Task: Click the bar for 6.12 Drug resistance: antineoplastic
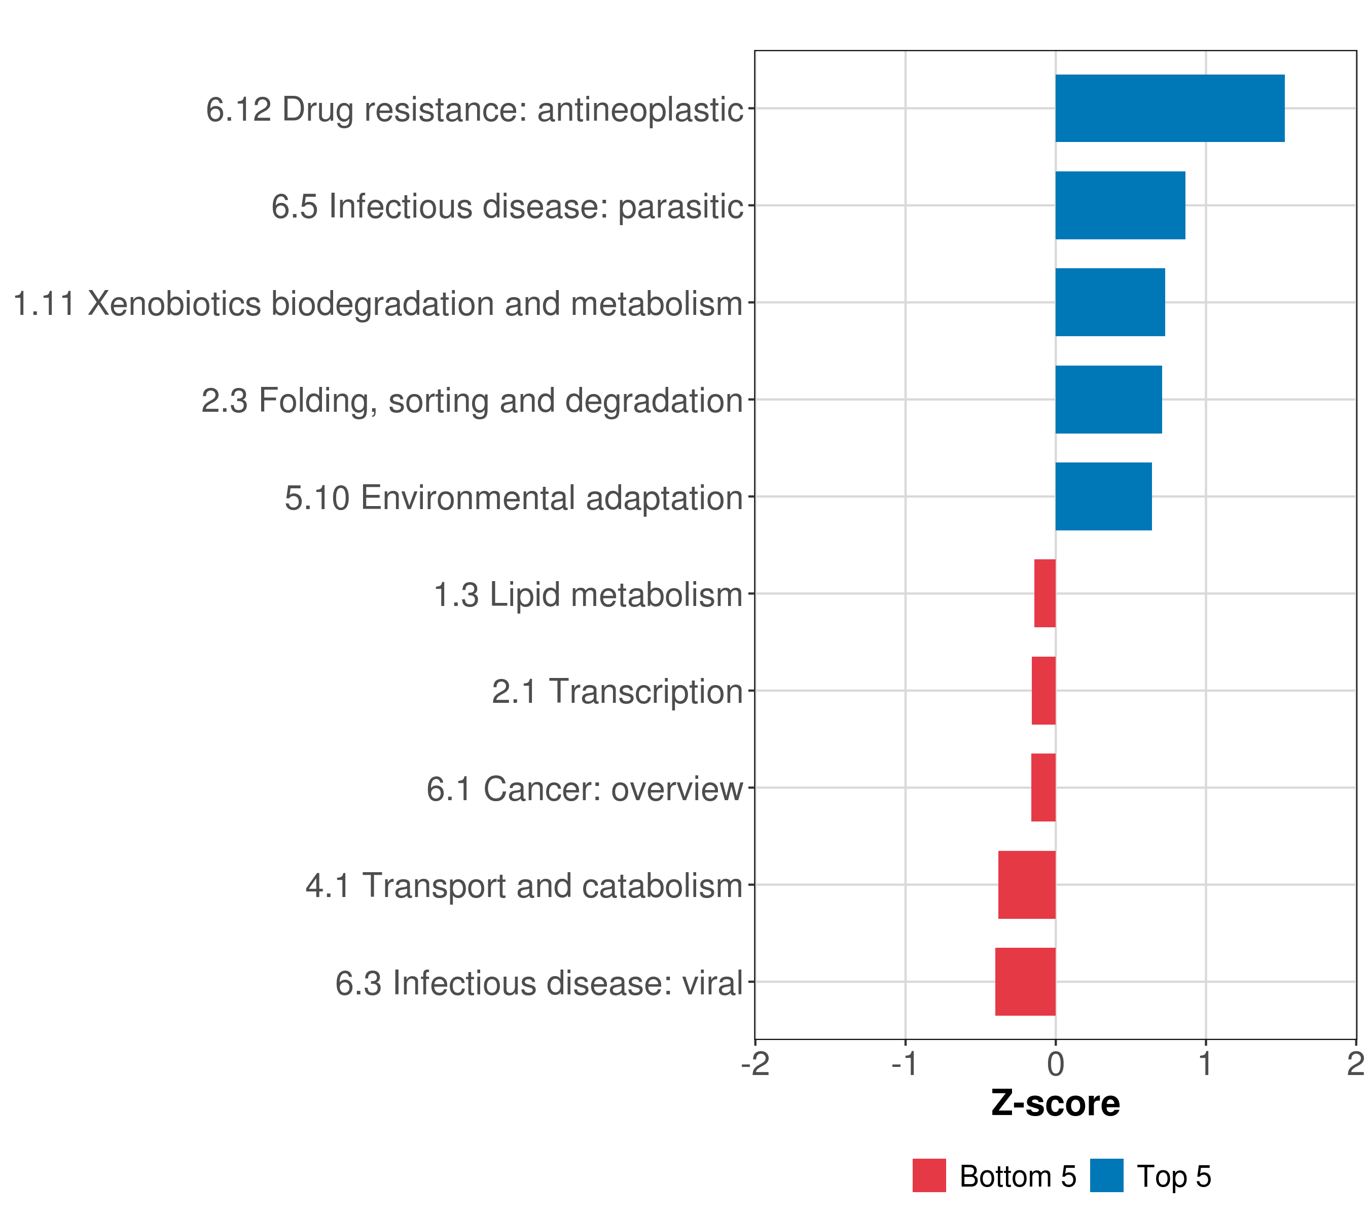tap(1169, 109)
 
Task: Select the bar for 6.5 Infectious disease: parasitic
tap(1120, 206)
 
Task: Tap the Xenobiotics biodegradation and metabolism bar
tap(1110, 302)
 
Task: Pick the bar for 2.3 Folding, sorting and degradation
tap(1108, 400)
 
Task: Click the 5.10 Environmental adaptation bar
tap(1103, 496)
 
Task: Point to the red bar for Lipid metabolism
tap(1045, 593)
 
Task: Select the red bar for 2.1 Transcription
tap(1043, 691)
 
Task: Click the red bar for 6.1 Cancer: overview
tap(1043, 788)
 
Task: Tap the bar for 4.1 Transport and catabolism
tap(1027, 885)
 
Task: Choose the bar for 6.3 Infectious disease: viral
tap(1025, 982)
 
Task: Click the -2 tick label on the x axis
tap(755, 1064)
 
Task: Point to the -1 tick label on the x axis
tap(905, 1064)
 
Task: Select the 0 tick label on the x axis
tap(1056, 1064)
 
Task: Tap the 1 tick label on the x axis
tap(1206, 1064)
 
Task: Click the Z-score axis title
tap(1056, 1104)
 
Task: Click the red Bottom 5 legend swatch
tap(929, 1176)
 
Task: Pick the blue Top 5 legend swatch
tap(1106, 1176)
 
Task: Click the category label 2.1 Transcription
tap(617, 692)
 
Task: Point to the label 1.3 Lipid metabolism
tap(588, 595)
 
